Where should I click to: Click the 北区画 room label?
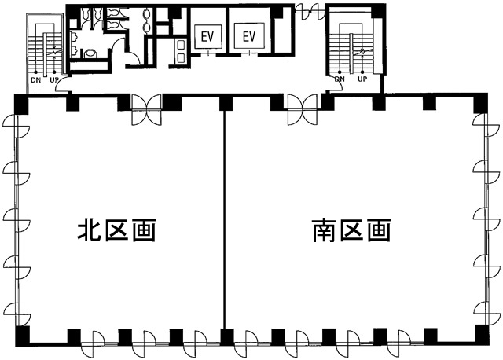pyautogui.click(x=117, y=230)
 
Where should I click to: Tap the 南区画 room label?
pyautogui.click(x=351, y=230)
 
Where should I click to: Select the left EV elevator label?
pyautogui.click(x=207, y=36)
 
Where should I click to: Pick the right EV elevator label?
pyautogui.click(x=249, y=36)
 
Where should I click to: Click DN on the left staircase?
pyautogui.click(x=36, y=80)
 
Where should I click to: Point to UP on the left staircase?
pyautogui.click(x=54, y=80)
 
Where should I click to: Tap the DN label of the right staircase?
pyautogui.click(x=340, y=79)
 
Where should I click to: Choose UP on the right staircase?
pyautogui.click(x=362, y=79)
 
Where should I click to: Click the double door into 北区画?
pyautogui.click(x=147, y=109)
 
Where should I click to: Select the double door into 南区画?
pyautogui.click(x=303, y=109)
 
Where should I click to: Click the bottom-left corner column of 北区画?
pyautogui.click(x=22, y=336)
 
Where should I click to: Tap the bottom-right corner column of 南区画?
pyautogui.click(x=482, y=335)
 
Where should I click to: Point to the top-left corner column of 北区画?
pyautogui.click(x=22, y=104)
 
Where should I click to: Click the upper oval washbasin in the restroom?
pyautogui.click(x=147, y=14)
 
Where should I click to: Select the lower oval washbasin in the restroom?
pyautogui.click(x=147, y=28)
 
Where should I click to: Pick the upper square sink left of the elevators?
pyautogui.click(x=181, y=45)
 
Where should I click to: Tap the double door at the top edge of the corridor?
pyautogui.click(x=310, y=12)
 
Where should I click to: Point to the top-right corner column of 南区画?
pyautogui.click(x=480, y=103)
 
